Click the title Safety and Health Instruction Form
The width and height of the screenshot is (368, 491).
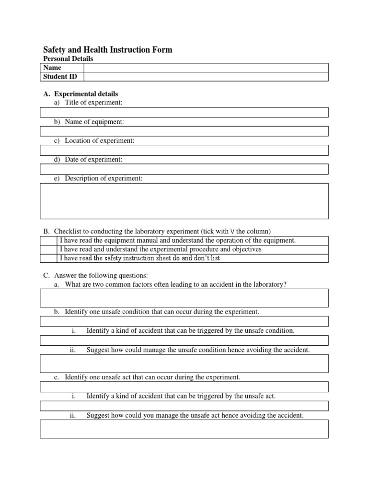tap(108, 50)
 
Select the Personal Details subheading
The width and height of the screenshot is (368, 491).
tap(68, 59)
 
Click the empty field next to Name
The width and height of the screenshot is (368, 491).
tap(206, 68)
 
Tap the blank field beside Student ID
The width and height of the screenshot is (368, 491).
tap(206, 77)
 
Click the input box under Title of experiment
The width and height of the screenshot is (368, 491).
tap(184, 112)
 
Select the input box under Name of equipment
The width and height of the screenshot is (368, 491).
tap(184, 131)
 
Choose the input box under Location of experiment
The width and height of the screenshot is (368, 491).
tap(184, 150)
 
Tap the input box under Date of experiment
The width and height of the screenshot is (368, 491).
tap(184, 169)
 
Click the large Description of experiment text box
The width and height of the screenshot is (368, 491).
tap(184, 201)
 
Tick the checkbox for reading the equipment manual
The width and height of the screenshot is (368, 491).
tap(48, 240)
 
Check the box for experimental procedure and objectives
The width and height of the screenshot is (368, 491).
tap(48, 249)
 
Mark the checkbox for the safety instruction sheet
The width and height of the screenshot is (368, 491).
tap(48, 258)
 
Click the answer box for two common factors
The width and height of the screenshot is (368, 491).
tap(184, 298)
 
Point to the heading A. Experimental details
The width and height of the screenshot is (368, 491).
tap(85, 94)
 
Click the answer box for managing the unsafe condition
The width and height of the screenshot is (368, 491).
tap(184, 363)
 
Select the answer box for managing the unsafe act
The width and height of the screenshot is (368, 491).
tap(184, 429)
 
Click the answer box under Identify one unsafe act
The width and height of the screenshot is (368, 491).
tap(184, 386)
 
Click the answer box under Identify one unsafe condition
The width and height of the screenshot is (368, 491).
tap(184, 321)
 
